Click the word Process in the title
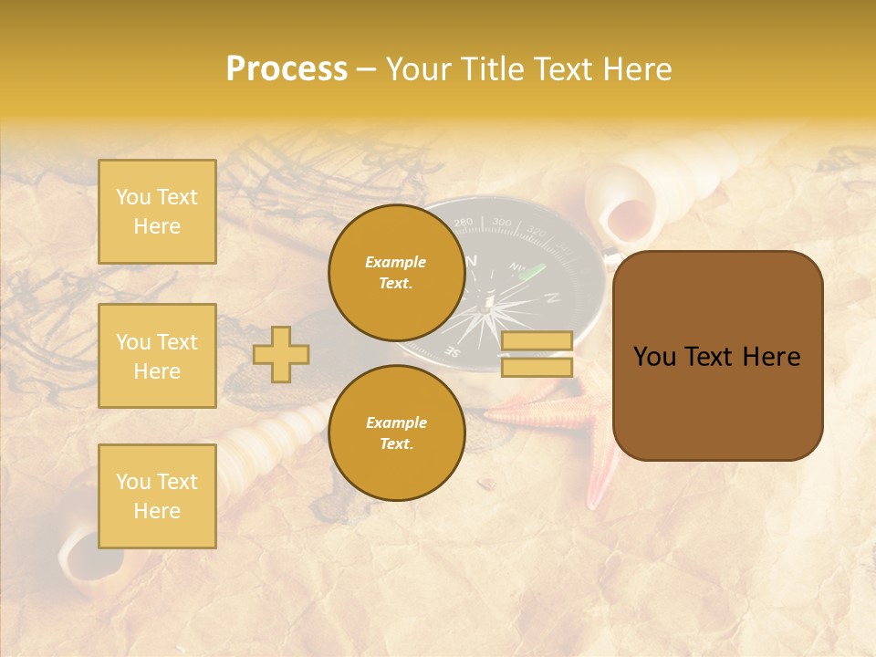pyautogui.click(x=287, y=69)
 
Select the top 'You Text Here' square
pyautogui.click(x=157, y=212)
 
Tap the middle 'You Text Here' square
pyautogui.click(x=157, y=356)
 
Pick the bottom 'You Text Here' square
pyautogui.click(x=157, y=496)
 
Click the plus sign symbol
pyautogui.click(x=281, y=354)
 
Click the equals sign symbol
pyautogui.click(x=537, y=354)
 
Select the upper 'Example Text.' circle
pyautogui.click(x=396, y=273)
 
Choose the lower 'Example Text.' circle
pyautogui.click(x=396, y=433)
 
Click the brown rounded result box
pyautogui.click(x=717, y=356)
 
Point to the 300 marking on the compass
pyautogui.click(x=501, y=222)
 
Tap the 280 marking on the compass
pyautogui.click(x=464, y=223)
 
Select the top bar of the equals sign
pyautogui.click(x=537, y=340)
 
